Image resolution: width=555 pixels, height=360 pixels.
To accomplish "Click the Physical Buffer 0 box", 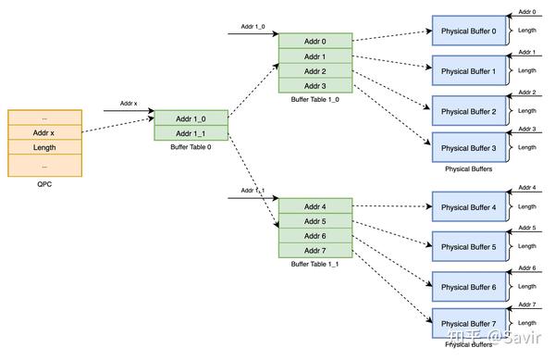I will pyautogui.click(x=468, y=31).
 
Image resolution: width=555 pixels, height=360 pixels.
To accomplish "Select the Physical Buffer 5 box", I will pyautogui.click(x=468, y=247).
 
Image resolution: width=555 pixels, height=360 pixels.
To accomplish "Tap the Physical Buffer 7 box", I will pyautogui.click(x=468, y=323).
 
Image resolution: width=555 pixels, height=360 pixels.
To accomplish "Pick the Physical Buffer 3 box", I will pyautogui.click(x=468, y=148).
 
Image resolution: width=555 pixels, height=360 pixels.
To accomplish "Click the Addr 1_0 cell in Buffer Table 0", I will pyautogui.click(x=191, y=118).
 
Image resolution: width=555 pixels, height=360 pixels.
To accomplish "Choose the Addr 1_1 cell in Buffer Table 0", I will pyautogui.click(x=191, y=133).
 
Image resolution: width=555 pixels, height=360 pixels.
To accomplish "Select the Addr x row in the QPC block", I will pyautogui.click(x=44, y=132).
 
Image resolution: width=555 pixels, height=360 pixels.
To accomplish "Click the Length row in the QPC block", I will pyautogui.click(x=44, y=148).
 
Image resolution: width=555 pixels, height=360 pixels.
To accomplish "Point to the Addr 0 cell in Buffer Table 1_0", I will pyautogui.click(x=315, y=42).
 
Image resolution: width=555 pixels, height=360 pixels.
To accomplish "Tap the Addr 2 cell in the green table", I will pyautogui.click(x=315, y=71).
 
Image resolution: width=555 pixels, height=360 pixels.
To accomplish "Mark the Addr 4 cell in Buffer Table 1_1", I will pyautogui.click(x=315, y=205).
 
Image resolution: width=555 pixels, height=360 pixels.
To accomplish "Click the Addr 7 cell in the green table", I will pyautogui.click(x=315, y=250).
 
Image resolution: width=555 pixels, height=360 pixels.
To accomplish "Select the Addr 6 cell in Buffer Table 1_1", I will pyautogui.click(x=315, y=235).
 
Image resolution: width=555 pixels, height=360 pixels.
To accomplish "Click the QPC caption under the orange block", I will pyautogui.click(x=44, y=184).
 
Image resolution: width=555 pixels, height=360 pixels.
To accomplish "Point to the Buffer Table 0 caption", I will pyautogui.click(x=191, y=148).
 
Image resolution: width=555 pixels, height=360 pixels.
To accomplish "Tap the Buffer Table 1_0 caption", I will pyautogui.click(x=315, y=100).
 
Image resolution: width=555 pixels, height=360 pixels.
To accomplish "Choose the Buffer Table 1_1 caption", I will pyautogui.click(x=315, y=265).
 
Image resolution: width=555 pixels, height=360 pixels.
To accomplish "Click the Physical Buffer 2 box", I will pyautogui.click(x=468, y=111).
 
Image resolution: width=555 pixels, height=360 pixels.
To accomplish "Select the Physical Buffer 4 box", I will pyautogui.click(x=468, y=207).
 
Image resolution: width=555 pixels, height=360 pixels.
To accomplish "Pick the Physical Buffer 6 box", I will pyautogui.click(x=468, y=287).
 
